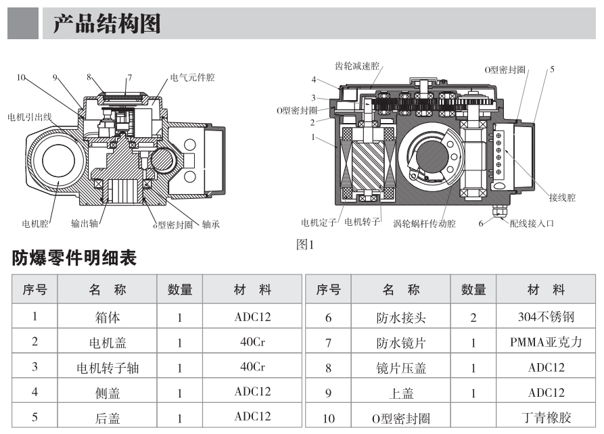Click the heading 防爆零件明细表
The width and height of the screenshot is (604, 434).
coord(74,258)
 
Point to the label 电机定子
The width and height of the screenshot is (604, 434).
coord(321,222)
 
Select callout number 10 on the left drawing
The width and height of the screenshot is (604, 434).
coord(22,78)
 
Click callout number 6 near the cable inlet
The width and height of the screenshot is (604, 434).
coord(481,223)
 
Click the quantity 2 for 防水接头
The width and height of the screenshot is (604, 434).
coord(473,316)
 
